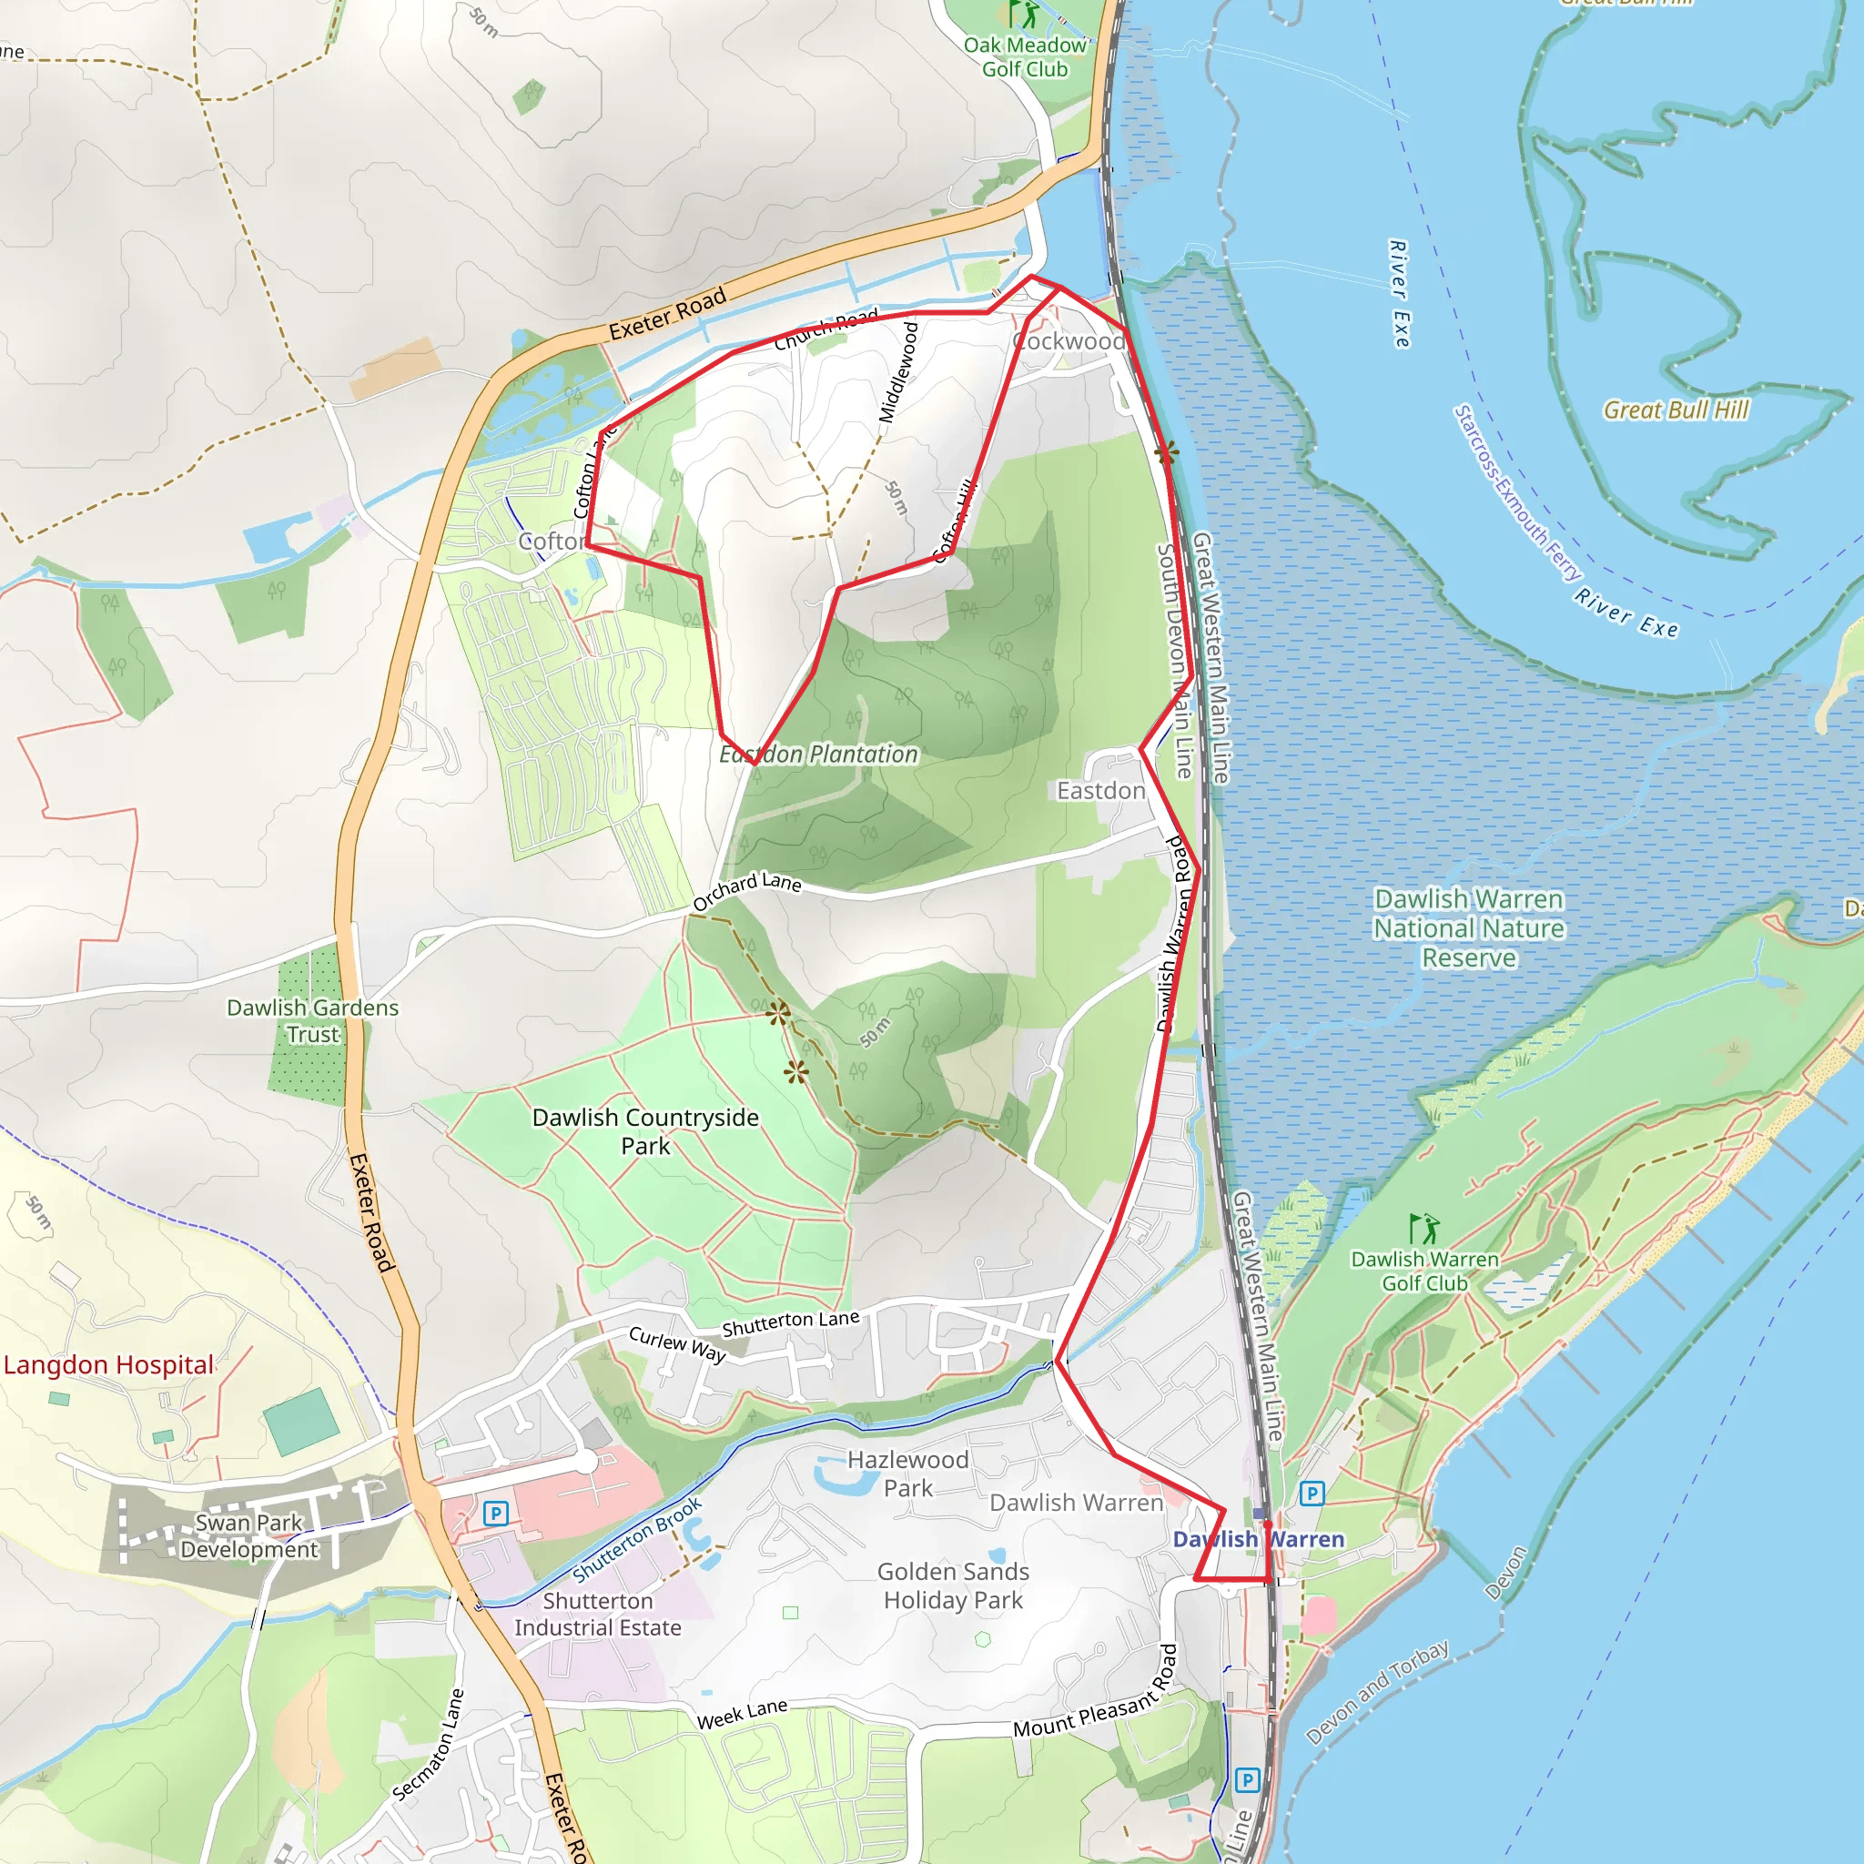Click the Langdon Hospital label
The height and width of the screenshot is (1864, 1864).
click(x=108, y=1365)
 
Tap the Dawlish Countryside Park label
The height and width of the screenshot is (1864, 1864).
click(x=645, y=1131)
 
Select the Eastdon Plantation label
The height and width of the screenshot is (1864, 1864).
click(x=818, y=755)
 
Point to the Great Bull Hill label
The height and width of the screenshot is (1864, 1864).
click(x=1676, y=410)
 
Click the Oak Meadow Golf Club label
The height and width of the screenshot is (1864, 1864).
click(x=1025, y=57)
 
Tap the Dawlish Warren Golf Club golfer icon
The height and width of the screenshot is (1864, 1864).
click(x=1423, y=1228)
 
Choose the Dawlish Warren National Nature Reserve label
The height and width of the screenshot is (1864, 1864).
click(x=1468, y=928)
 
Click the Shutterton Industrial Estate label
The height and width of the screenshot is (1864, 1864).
click(x=597, y=1614)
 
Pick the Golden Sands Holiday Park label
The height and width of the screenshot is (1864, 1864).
click(x=953, y=1586)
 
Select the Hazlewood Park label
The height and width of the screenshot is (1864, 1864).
click(x=907, y=1474)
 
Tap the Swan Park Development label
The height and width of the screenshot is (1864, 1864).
click(x=248, y=1536)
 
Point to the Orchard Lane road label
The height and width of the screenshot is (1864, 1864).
click(x=746, y=890)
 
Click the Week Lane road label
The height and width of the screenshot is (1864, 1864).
click(x=742, y=1715)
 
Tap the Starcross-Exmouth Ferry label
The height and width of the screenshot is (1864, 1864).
click(x=1517, y=493)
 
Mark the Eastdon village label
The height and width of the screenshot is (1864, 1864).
click(x=1101, y=791)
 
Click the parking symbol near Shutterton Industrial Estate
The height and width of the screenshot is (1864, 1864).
click(x=496, y=1513)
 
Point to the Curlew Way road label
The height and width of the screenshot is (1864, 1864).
click(x=677, y=1344)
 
